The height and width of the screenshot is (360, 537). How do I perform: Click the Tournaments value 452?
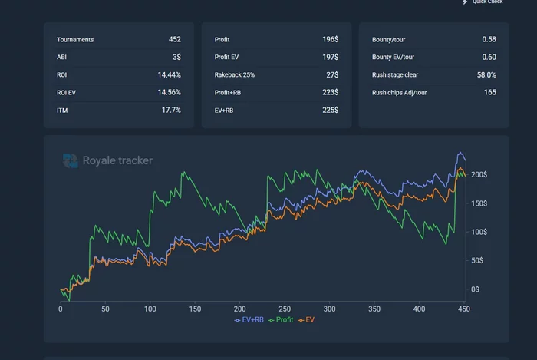coord(174,39)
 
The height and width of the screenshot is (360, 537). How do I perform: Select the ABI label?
coord(61,57)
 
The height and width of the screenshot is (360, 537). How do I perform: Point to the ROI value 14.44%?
coord(169,74)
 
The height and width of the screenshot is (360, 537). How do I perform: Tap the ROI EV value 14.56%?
coord(169,92)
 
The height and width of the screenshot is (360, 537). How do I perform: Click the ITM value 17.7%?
coord(171,110)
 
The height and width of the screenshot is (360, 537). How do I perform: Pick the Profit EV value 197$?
coord(330,57)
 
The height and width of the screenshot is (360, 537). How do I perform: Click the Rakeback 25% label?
coord(235,74)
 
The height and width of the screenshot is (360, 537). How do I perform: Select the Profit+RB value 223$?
coord(330,92)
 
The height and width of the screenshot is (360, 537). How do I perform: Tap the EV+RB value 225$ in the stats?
coord(330,110)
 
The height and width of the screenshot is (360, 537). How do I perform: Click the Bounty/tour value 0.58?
coord(489,39)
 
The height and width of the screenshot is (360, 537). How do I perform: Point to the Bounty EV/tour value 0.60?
coord(489,57)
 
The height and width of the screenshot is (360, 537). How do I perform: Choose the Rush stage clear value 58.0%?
coord(486,74)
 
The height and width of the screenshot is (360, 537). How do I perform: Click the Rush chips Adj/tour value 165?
coord(489,92)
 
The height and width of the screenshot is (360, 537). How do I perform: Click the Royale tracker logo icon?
coord(71,160)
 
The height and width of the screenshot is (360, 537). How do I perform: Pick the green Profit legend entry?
coord(281,319)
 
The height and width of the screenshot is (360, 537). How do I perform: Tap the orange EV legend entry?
coord(307,319)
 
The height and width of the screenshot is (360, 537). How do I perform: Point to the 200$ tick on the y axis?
coord(479,175)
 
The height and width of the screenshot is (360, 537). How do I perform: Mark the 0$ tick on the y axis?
coord(475,289)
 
